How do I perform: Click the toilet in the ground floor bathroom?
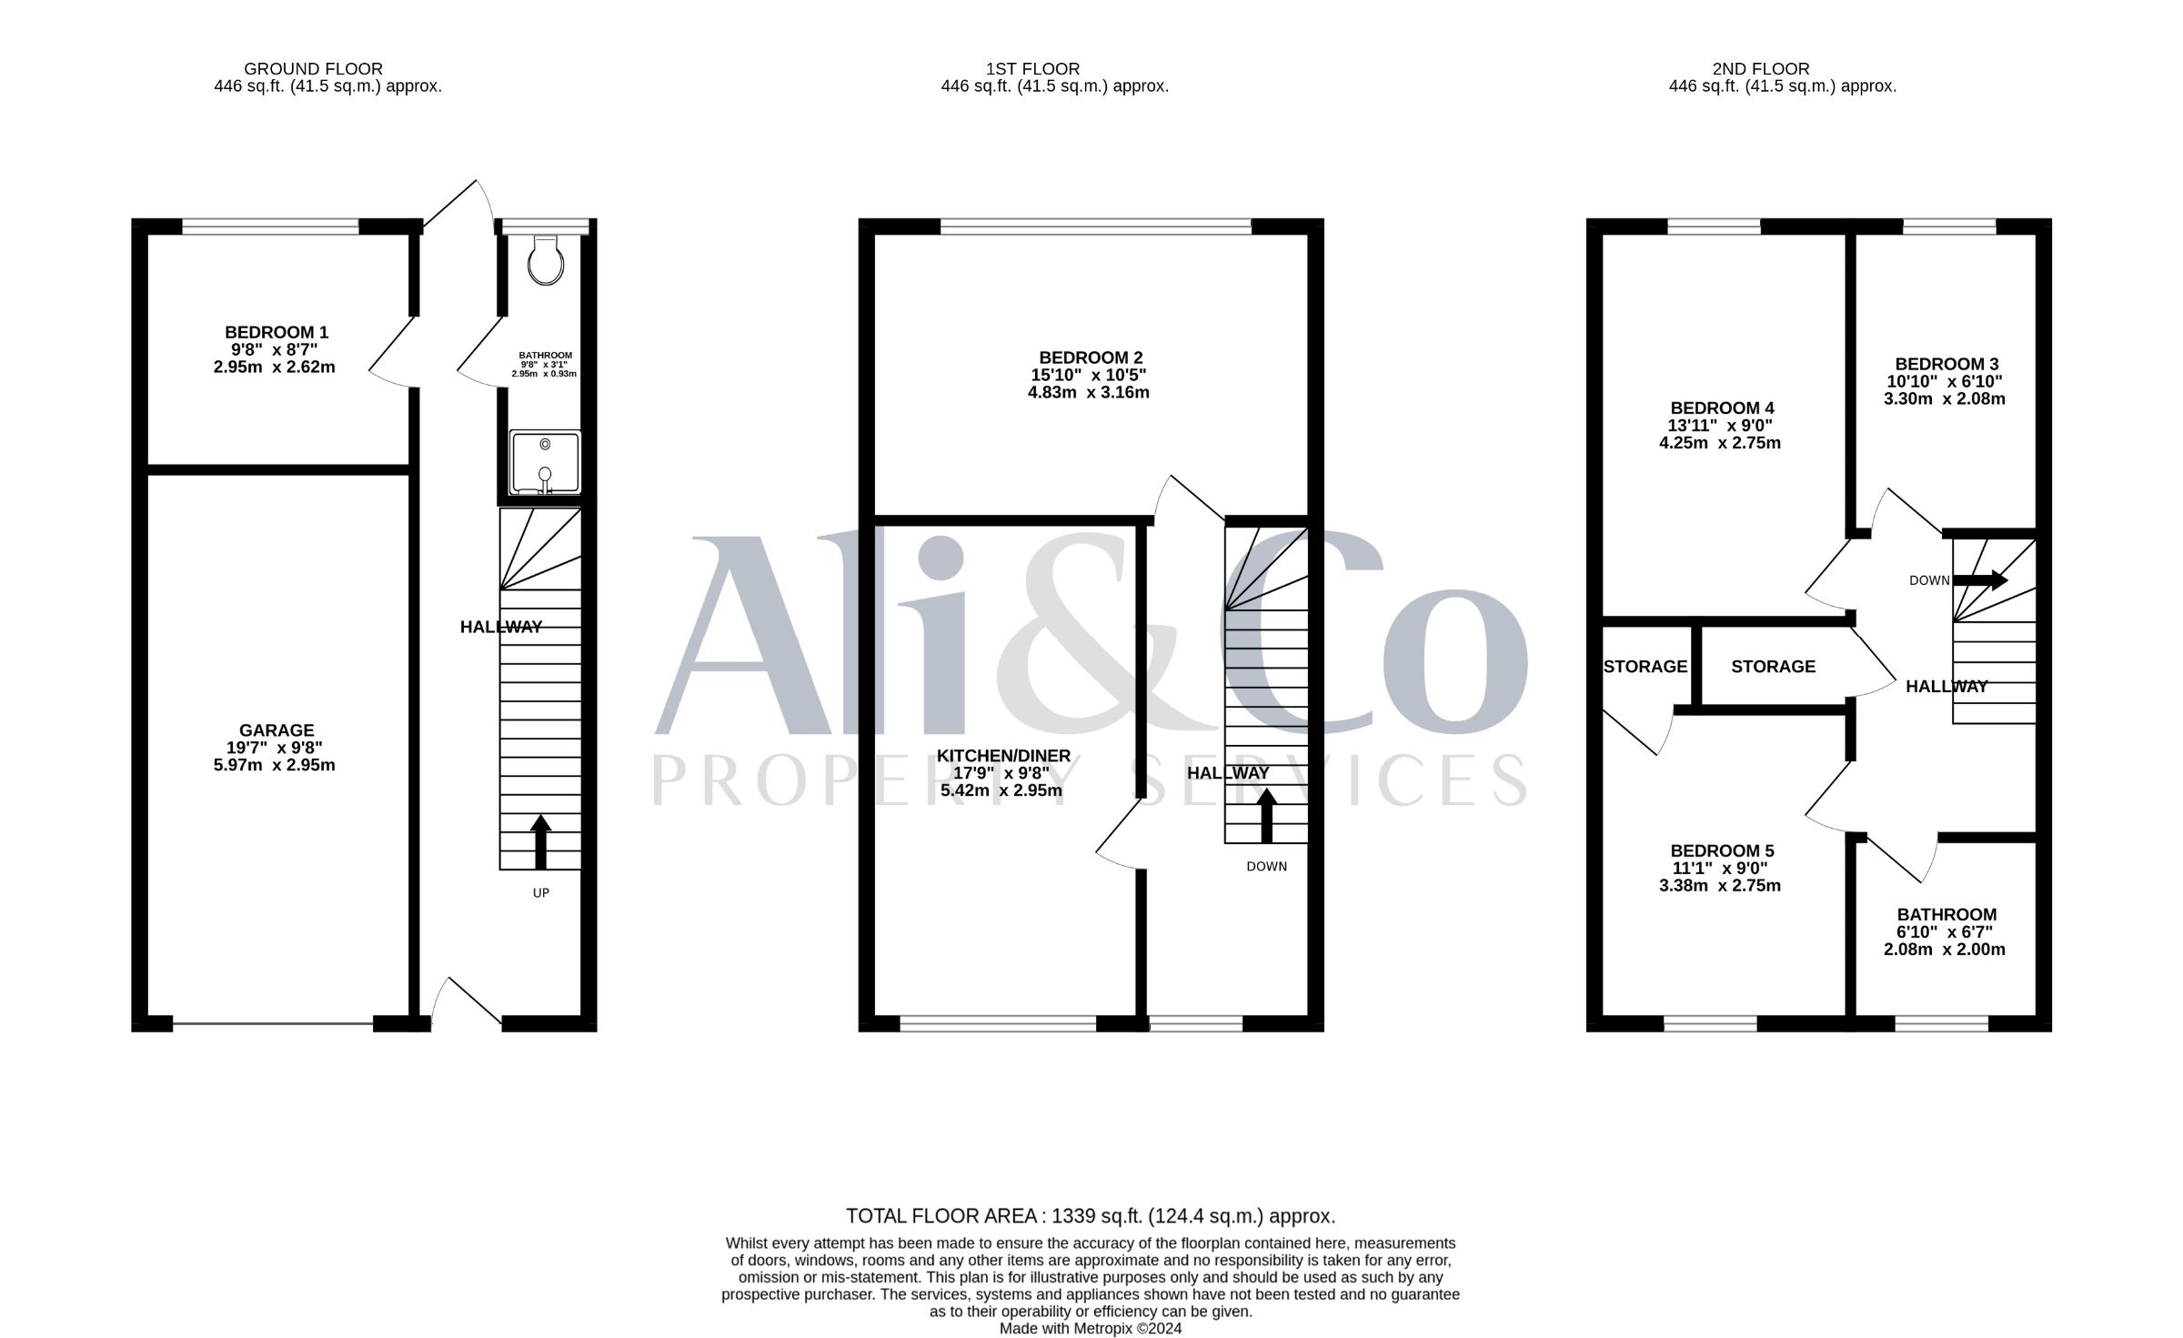pos(546,260)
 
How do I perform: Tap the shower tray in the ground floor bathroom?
pos(545,463)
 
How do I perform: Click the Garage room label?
pos(277,730)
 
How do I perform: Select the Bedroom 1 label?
pos(277,333)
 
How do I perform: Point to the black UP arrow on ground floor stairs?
pos(540,841)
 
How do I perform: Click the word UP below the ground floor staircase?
pos(541,893)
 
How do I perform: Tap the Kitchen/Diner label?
pos(1004,757)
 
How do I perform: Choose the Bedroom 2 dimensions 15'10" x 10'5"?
pos(1089,376)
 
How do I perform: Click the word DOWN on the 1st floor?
pos(1267,867)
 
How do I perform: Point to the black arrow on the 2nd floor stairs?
pos(1981,580)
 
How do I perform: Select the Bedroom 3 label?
pos(1947,365)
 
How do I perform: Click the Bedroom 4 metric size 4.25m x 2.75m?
pos(1720,444)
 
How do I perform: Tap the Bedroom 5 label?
pos(1723,851)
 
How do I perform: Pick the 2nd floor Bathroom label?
pos(1947,915)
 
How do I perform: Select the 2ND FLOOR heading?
pos(1761,68)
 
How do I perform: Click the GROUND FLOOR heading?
pos(314,68)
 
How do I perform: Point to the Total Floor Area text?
pos(1091,1216)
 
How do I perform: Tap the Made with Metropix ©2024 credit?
pos(1091,1329)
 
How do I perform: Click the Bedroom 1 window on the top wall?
pos(271,226)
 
